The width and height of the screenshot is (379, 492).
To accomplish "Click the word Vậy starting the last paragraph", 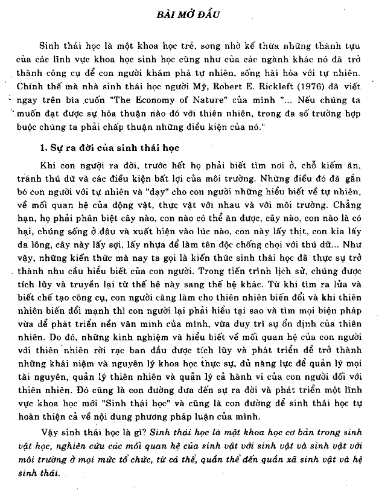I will (49, 432).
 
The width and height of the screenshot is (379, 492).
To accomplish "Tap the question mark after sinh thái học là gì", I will (144, 432).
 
